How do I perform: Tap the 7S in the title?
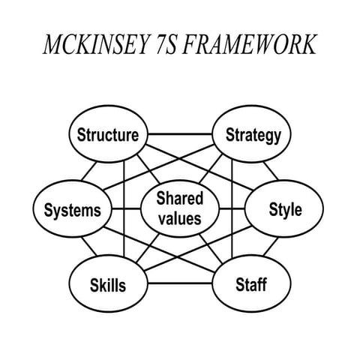point(166,44)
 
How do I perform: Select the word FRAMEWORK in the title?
point(250,44)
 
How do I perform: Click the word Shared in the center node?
point(180,199)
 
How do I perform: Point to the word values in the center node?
point(180,218)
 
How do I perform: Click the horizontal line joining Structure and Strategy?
point(180,134)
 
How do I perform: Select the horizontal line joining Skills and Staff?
point(180,283)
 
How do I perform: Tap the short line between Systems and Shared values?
point(127,208)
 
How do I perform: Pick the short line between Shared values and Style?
point(232,208)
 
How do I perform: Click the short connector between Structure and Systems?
point(89,171)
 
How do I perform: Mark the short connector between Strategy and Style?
point(271,171)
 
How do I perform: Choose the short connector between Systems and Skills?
point(89,246)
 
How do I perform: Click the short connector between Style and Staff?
point(271,246)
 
